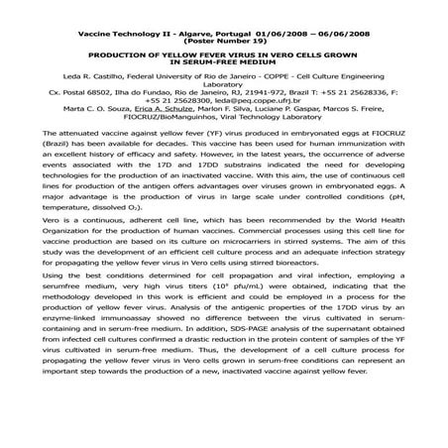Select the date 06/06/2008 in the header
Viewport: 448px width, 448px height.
tap(341, 32)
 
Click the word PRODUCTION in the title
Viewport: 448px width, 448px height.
tap(122, 56)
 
